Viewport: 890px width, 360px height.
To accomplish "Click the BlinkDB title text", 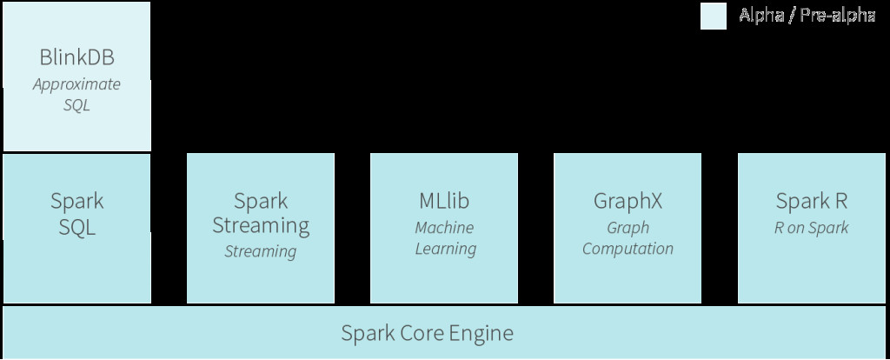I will (76, 59).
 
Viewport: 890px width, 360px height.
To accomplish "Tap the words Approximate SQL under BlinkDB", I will (76, 95).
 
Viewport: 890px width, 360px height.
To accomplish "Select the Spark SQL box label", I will (76, 214).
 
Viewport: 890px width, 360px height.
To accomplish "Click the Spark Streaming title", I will (261, 214).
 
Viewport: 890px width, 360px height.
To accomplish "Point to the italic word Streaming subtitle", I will (261, 252).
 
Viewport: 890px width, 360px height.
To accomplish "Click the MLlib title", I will (444, 202).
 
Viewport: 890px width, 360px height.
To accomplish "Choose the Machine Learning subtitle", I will (444, 238).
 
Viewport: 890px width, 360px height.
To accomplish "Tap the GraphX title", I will (628, 202).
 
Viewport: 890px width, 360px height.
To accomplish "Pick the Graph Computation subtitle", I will (628, 238).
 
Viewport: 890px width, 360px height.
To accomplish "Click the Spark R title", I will (811, 202).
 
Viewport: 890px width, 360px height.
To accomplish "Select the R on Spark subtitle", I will (811, 228).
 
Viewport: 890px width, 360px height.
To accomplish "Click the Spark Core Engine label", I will (427, 333).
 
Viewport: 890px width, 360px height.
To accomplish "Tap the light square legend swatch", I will (714, 17).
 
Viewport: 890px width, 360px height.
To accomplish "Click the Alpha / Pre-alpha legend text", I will (807, 16).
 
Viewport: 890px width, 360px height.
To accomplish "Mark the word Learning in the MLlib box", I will (445, 249).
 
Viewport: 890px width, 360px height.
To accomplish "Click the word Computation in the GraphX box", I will (628, 249).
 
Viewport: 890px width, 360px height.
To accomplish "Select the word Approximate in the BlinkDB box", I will (76, 84).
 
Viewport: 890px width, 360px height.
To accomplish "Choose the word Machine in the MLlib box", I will (444, 228).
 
